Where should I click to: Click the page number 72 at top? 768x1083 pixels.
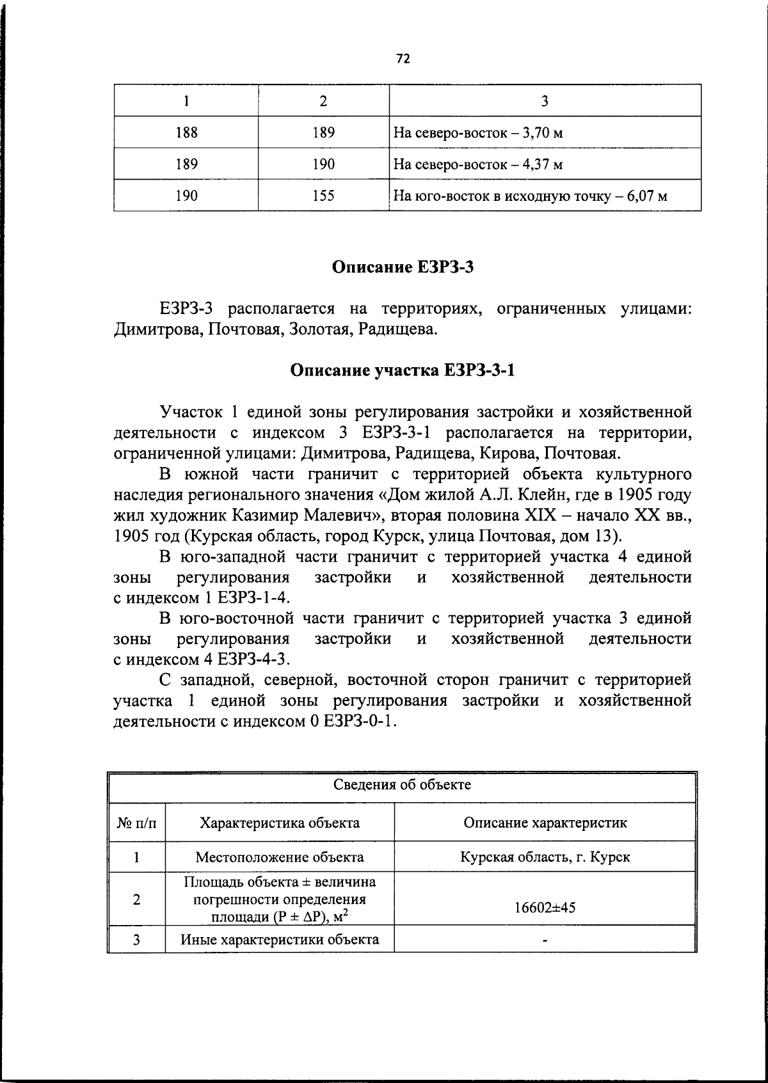[x=403, y=59]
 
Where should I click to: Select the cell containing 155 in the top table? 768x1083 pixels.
[x=323, y=196]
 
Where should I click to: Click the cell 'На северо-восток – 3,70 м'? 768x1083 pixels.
[x=477, y=133]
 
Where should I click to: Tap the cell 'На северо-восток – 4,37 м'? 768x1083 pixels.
[x=477, y=164]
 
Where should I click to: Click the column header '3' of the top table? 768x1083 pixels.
[x=545, y=101]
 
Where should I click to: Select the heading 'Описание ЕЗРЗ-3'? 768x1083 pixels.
[x=403, y=267]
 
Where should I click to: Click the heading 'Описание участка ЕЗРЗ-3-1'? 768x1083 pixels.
[x=403, y=370]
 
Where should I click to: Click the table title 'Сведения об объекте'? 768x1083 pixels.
[x=402, y=785]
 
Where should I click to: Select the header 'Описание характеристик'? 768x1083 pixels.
[x=545, y=823]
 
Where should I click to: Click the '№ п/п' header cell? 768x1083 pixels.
[x=137, y=823]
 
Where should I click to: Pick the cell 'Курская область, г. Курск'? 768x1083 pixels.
[x=545, y=857]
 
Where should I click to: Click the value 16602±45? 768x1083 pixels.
[x=545, y=907]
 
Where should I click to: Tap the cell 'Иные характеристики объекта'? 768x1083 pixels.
[x=280, y=939]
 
